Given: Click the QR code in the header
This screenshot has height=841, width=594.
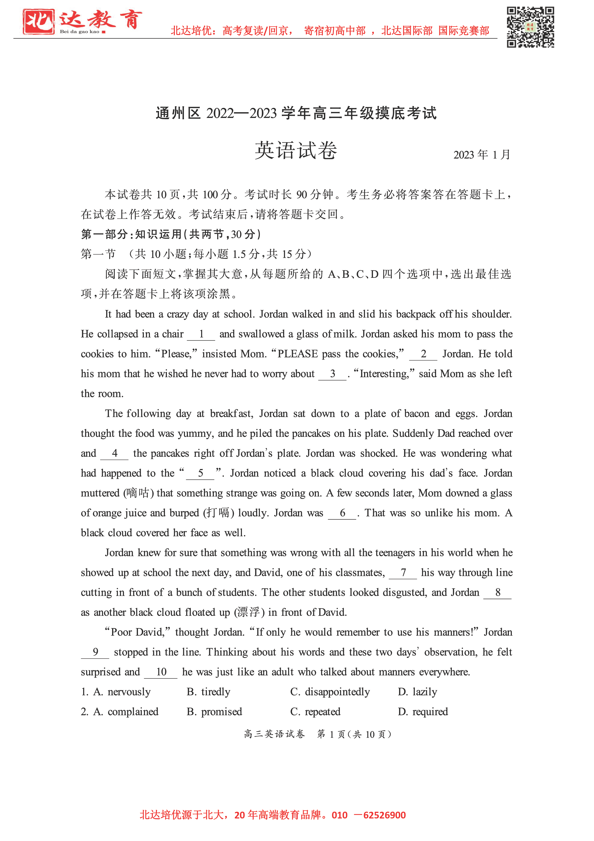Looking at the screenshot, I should (530, 27).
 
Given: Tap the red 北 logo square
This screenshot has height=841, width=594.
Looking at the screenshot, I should (38, 22).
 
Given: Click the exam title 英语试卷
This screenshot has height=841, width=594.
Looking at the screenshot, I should (296, 151).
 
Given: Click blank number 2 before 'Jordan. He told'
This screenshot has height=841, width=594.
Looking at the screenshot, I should (423, 354).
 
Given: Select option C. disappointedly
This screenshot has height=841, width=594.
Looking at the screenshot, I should (330, 692).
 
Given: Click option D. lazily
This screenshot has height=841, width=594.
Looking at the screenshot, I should (417, 692).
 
